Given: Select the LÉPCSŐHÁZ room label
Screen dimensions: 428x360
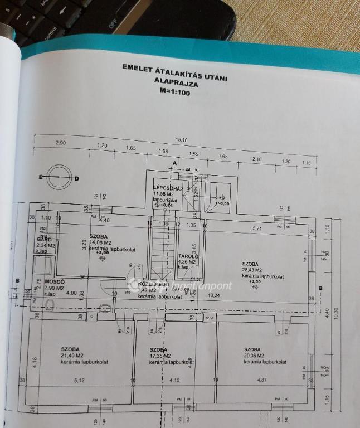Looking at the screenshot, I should pyautogui.click(x=168, y=188).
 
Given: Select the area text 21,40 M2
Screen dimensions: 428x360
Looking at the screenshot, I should pyautogui.click(x=73, y=356).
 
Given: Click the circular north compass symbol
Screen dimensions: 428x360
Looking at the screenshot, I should pyautogui.click(x=59, y=178).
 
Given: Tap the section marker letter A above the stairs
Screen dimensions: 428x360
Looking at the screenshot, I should pyautogui.click(x=174, y=163).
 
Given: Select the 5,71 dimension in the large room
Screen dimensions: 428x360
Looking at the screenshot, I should pyautogui.click(x=257, y=228).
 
